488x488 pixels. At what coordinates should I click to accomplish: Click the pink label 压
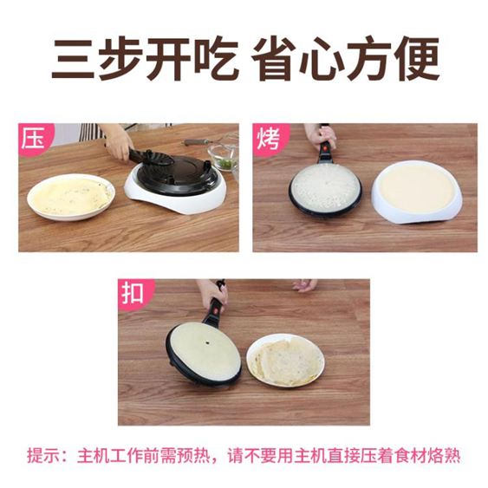[x=34, y=139]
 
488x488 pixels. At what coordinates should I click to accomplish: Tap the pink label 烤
[x=269, y=139]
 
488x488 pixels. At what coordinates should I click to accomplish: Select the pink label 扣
[x=133, y=293]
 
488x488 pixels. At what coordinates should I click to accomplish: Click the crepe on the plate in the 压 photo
[x=71, y=197]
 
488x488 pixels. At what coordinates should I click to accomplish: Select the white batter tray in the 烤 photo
[x=417, y=191]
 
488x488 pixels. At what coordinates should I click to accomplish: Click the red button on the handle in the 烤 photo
[x=325, y=147]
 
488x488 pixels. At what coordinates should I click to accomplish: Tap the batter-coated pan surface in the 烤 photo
[x=325, y=186]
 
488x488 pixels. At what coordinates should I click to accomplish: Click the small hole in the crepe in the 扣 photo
[x=206, y=343]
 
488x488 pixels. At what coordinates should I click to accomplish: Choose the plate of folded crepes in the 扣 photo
[x=285, y=360]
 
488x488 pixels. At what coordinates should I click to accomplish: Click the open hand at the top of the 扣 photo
[x=304, y=285]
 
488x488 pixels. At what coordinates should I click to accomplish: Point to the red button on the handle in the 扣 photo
[x=215, y=310]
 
